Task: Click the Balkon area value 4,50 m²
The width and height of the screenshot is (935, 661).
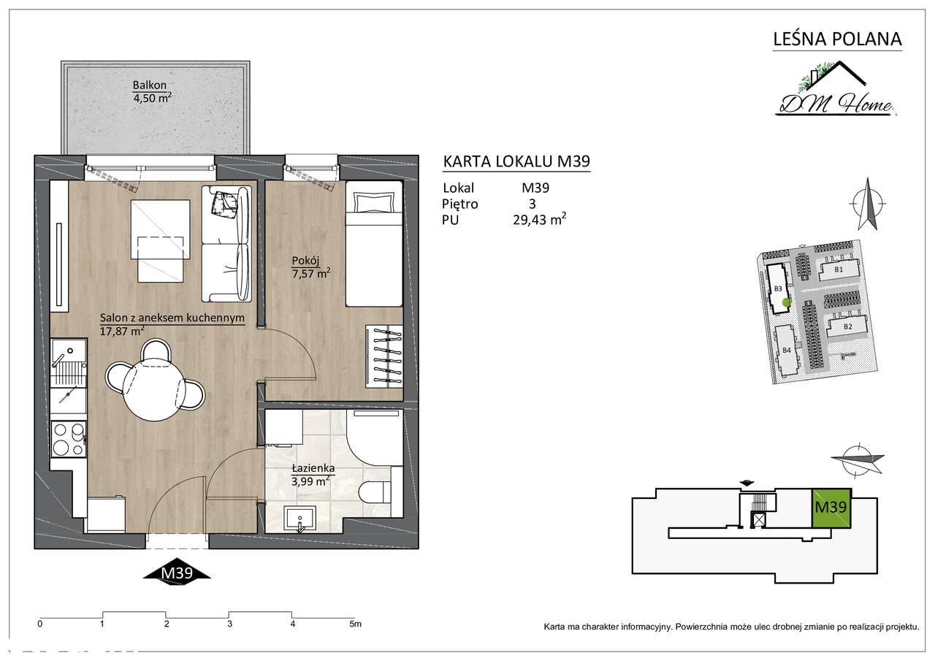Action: click(x=152, y=98)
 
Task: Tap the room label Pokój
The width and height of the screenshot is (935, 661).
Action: click(x=305, y=261)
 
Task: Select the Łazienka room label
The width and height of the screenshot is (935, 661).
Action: click(x=313, y=468)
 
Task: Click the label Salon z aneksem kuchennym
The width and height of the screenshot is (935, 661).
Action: click(x=172, y=318)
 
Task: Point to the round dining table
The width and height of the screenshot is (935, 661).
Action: click(x=153, y=390)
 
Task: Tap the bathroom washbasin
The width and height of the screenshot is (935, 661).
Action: click(x=299, y=519)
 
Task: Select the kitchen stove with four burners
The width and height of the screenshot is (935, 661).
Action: click(x=69, y=439)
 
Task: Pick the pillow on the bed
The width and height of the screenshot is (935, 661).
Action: click(x=374, y=203)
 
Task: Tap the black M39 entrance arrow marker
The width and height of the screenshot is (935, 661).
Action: click(x=177, y=573)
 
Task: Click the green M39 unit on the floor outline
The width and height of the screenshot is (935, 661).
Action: click(x=831, y=508)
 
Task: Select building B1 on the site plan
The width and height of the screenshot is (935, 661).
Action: click(x=838, y=270)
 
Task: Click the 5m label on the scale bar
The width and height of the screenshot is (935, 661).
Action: click(x=355, y=624)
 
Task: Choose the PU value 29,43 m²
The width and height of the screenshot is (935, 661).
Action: click(x=539, y=219)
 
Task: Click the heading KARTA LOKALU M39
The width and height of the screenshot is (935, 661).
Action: click(x=516, y=161)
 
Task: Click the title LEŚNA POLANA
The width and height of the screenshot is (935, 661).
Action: click(x=837, y=39)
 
